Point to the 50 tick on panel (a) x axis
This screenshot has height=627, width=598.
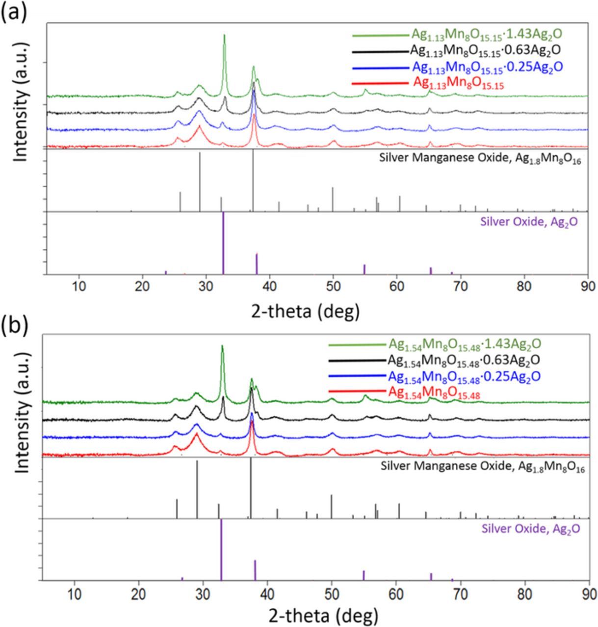[x=333, y=286]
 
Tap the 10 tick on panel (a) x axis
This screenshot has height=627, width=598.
[x=78, y=286]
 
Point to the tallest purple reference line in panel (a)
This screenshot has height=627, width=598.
[x=223, y=242]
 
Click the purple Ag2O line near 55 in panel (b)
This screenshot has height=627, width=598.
[x=364, y=575]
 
